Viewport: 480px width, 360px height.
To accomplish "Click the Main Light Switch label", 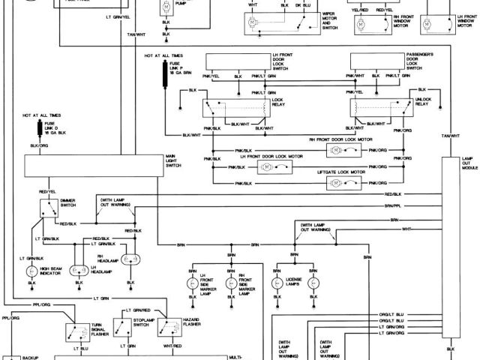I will tap(175, 160).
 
